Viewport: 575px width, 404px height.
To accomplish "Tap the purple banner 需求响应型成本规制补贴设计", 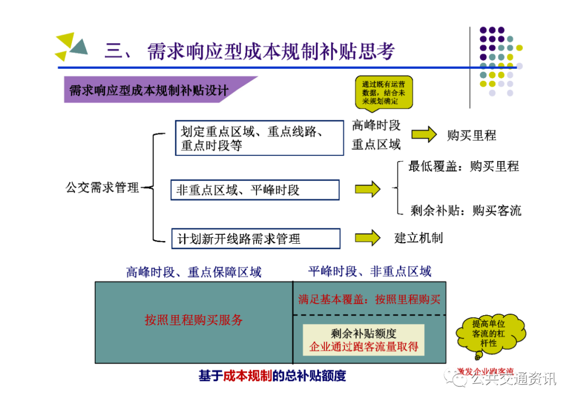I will click(x=149, y=90).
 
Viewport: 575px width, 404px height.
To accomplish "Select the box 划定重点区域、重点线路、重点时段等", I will click(x=259, y=138).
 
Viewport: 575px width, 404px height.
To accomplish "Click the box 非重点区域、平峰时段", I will click(x=254, y=190).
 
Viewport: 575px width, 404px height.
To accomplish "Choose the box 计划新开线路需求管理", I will click(x=255, y=238).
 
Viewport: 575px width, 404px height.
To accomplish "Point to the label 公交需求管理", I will click(x=102, y=187).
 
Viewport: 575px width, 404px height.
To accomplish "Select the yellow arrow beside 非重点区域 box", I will click(x=367, y=189).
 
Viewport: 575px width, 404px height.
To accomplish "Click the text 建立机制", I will click(x=418, y=238).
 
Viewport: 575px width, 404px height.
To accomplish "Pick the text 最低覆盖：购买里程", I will click(x=463, y=166).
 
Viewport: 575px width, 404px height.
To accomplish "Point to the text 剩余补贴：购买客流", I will click(x=465, y=210).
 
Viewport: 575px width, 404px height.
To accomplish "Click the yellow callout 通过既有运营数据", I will click(x=383, y=92).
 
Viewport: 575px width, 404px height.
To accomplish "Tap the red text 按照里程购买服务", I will click(x=194, y=320).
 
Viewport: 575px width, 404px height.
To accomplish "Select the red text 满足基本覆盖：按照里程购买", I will click(x=369, y=299).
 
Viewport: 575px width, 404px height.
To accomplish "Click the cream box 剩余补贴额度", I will click(x=364, y=340).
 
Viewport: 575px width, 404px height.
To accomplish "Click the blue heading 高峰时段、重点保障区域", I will click(x=194, y=273).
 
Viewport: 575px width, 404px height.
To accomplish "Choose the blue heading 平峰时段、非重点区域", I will click(x=369, y=271).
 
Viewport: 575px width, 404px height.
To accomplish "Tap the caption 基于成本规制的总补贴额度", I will click(x=272, y=376).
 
